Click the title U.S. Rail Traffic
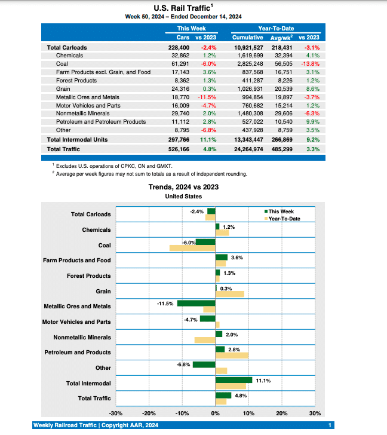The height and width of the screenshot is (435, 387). [x=182, y=7]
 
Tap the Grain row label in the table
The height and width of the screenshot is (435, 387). [x=63, y=88]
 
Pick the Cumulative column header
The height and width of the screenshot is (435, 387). [x=247, y=38]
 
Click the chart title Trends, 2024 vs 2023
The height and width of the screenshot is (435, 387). [x=183, y=187]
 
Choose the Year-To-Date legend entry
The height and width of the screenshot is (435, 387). [x=283, y=219]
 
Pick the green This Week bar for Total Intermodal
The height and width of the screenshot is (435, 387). [x=234, y=379]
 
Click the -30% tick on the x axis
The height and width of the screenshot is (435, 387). [x=116, y=413]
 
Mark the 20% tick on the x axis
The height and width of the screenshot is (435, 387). [x=282, y=413]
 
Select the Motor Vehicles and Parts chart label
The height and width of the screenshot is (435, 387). [x=76, y=321]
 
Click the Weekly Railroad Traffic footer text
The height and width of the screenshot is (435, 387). [x=96, y=425]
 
